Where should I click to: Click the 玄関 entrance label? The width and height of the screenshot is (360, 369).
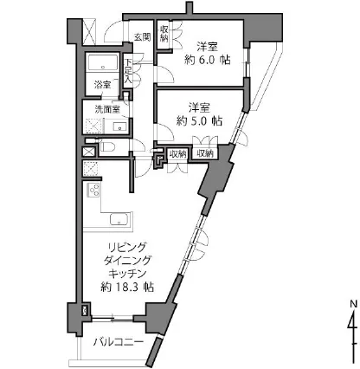[x=143, y=36]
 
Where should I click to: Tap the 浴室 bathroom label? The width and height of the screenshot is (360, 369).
[x=103, y=85]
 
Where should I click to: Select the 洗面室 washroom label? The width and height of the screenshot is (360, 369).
[x=107, y=109]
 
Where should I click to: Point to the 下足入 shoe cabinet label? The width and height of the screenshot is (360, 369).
[x=128, y=72]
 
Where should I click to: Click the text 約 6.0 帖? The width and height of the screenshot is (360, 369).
[x=208, y=60]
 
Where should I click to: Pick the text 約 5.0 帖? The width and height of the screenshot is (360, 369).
[x=199, y=121]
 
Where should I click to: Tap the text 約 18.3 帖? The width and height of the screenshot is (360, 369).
[x=127, y=287]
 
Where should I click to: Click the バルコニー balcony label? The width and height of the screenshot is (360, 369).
[x=119, y=342]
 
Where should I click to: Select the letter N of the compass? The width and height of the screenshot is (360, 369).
[x=353, y=304]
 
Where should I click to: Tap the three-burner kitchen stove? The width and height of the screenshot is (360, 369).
[x=93, y=190]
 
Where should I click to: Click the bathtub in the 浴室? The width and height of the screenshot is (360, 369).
[x=103, y=62]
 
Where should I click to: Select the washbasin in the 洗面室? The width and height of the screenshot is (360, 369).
[x=119, y=126]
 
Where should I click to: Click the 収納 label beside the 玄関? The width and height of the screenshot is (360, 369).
[x=164, y=34]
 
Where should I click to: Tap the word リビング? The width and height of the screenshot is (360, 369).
[x=126, y=248]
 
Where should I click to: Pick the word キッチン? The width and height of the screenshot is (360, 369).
[x=127, y=274]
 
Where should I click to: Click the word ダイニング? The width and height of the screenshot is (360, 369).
[x=127, y=261]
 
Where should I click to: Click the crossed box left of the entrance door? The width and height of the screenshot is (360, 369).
[x=89, y=32]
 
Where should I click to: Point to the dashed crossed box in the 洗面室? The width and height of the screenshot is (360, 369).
[x=93, y=126]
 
